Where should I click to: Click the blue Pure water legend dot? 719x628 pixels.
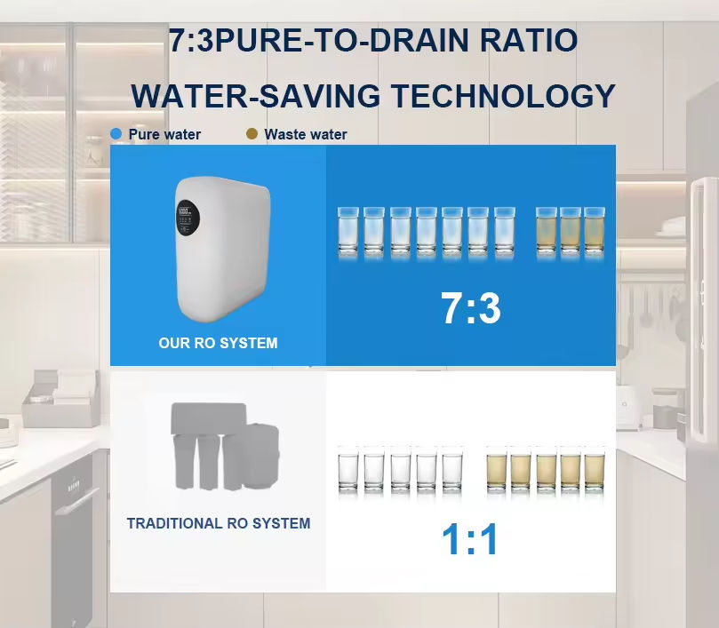coord(116,134)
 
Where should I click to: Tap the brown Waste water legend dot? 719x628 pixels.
coord(252,134)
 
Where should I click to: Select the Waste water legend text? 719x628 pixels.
coord(306,135)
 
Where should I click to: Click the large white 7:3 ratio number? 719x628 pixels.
coord(470,308)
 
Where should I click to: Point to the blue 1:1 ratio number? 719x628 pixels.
coord(470,539)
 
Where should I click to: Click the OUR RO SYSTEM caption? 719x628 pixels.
coord(218,343)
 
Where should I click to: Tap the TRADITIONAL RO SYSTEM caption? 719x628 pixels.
coord(219,523)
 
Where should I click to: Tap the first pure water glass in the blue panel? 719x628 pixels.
coord(348,233)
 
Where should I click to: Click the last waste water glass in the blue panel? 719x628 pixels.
coord(594,233)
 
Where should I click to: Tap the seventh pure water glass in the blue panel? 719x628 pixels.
coord(505,233)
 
